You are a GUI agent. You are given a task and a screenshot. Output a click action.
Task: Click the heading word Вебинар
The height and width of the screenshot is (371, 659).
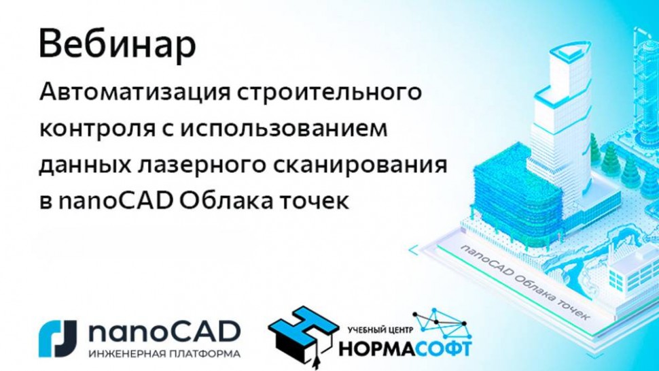pos(118,45)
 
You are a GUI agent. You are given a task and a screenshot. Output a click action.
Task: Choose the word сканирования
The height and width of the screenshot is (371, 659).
pos(376,166)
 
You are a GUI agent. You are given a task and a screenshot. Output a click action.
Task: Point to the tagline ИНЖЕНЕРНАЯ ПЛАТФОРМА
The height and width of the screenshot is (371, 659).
pos(165,354)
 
